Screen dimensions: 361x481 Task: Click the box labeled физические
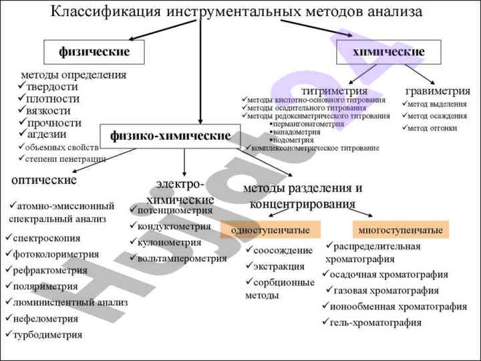(94, 51)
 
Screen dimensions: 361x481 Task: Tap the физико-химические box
(170, 136)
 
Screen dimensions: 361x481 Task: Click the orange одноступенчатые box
(270, 231)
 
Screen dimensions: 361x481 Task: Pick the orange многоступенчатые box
(400, 231)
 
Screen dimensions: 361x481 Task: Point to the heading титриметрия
(334, 90)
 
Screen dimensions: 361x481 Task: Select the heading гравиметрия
(438, 90)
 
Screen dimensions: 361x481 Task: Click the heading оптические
(44, 180)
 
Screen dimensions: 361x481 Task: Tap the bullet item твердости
(52, 86)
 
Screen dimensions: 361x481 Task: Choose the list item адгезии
(47, 134)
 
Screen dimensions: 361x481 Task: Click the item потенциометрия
(174, 210)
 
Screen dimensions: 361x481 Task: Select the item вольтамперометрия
(182, 258)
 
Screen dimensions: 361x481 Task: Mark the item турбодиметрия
(47, 335)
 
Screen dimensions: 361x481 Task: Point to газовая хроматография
(386, 291)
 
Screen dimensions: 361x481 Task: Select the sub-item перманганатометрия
(308, 124)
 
